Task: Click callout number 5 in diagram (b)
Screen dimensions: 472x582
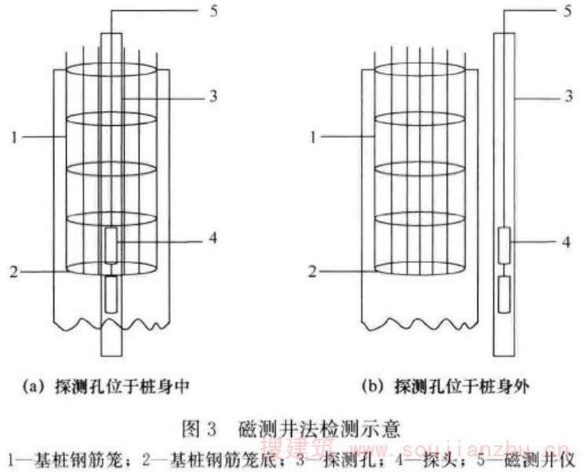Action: click(568, 11)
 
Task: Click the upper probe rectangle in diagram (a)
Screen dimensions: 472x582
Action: click(112, 245)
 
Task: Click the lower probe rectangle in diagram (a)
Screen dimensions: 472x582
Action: click(112, 293)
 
